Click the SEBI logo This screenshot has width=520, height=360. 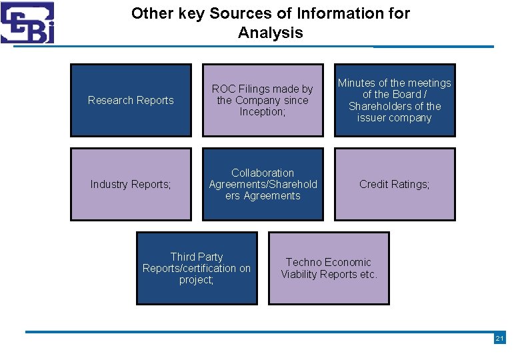[x=27, y=23]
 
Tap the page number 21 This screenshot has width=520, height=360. [x=499, y=339]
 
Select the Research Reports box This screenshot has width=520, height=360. [x=131, y=100]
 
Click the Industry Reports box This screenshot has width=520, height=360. [x=131, y=184]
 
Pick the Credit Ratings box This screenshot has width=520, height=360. [x=395, y=184]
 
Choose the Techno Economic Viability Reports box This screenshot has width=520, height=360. [x=329, y=268]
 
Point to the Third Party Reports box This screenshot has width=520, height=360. [x=197, y=268]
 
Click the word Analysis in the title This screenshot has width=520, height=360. [x=271, y=33]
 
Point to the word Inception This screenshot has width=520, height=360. [x=261, y=111]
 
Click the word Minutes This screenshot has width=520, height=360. [x=357, y=83]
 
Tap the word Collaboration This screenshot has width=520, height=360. [x=263, y=173]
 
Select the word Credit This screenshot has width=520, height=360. [x=375, y=184]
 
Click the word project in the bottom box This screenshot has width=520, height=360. [x=195, y=279]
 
